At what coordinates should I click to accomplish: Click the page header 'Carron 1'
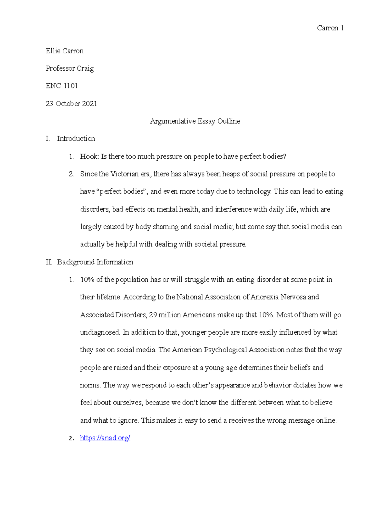(330, 28)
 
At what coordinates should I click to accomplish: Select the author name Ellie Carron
(65, 51)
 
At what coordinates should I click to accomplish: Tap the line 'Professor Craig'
(70, 68)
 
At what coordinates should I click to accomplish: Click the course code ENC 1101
(62, 86)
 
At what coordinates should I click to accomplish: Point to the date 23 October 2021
(71, 104)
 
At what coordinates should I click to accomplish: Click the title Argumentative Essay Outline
(195, 121)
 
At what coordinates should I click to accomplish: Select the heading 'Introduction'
(76, 139)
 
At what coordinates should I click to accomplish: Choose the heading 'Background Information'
(95, 262)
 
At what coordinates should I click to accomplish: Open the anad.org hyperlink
(105, 438)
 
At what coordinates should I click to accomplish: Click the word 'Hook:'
(89, 156)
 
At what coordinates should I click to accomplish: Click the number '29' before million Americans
(153, 315)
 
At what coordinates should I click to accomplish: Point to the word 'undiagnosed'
(100, 332)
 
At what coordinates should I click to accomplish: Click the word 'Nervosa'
(293, 297)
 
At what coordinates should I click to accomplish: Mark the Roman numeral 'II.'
(49, 262)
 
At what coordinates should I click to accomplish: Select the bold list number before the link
(71, 438)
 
